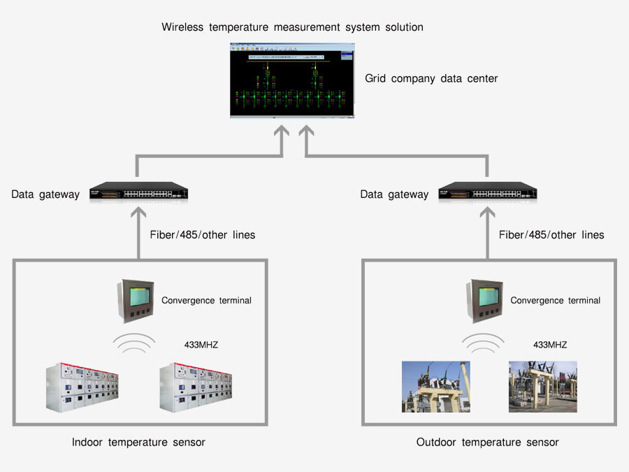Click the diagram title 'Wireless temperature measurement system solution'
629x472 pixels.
point(292,27)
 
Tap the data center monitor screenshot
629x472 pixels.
point(292,80)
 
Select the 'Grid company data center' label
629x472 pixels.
point(431,79)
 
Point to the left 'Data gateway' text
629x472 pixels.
point(45,194)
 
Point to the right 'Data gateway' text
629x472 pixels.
point(394,194)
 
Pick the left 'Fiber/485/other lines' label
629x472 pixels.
point(203,235)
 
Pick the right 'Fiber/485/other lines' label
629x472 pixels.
point(551,235)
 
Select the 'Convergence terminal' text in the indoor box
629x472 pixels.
point(206,301)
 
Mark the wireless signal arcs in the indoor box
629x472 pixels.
point(136,343)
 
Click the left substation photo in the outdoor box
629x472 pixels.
point(435,387)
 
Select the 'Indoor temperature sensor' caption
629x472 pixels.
point(138,442)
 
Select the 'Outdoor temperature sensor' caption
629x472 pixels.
point(487,442)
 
